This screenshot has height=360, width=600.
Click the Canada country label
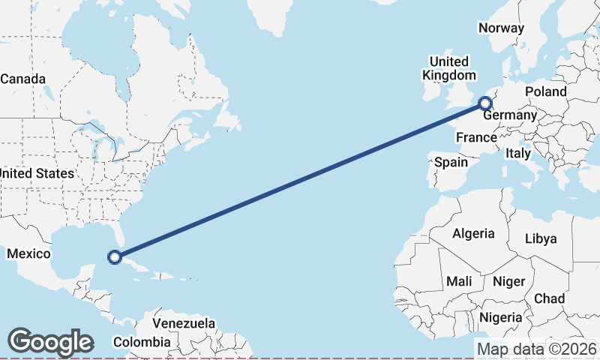click(x=22, y=79)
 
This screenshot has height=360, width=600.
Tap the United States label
click(x=37, y=173)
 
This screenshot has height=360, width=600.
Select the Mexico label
click(x=28, y=254)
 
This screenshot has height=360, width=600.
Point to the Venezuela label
click(x=184, y=323)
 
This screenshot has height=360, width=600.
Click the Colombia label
click(x=142, y=342)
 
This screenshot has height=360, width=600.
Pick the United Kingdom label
click(x=448, y=68)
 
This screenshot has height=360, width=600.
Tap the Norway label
click(x=501, y=28)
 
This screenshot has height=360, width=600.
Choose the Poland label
click(x=546, y=91)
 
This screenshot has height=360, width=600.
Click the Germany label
click(x=510, y=115)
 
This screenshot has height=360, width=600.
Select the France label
click(x=476, y=137)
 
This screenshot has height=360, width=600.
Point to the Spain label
click(x=451, y=161)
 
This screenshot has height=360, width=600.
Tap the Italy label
click(x=517, y=153)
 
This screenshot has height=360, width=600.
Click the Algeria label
click(x=473, y=233)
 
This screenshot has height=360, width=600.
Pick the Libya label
click(x=541, y=238)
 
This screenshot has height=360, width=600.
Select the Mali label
click(x=458, y=281)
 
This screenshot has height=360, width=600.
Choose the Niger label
click(x=508, y=281)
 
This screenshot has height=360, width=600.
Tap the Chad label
click(x=549, y=298)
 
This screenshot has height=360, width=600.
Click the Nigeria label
click(x=500, y=317)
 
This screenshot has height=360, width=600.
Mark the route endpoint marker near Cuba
click(x=115, y=257)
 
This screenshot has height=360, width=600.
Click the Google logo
click(x=50, y=342)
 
